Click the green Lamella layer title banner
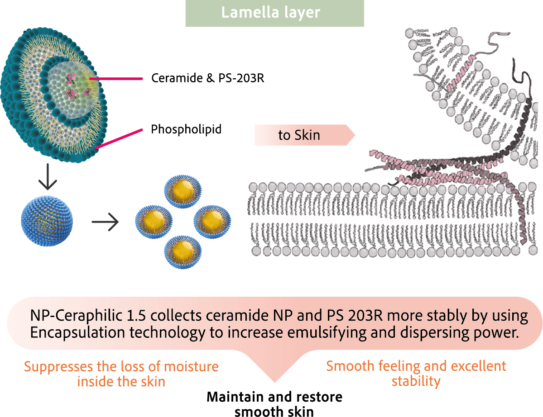click(274, 13)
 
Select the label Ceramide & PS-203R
click(207, 78)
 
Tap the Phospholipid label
click(186, 129)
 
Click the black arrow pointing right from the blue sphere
click(105, 222)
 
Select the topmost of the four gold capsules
click(183, 190)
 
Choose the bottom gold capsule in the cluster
click(183, 249)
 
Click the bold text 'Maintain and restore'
click(274, 397)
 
